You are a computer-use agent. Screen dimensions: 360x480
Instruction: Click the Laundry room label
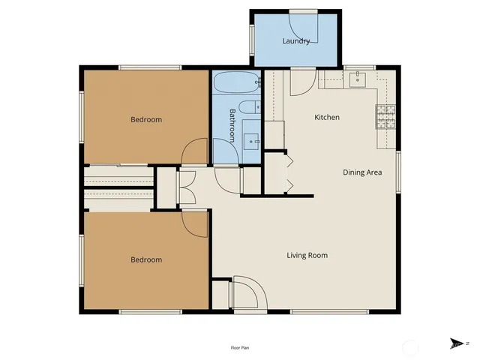point(296,41)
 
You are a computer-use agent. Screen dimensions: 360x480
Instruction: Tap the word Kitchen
point(327,117)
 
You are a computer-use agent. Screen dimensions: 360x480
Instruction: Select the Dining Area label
point(363,172)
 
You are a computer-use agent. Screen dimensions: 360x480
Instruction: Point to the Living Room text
point(307,255)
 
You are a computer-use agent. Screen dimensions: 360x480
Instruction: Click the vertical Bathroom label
point(232,125)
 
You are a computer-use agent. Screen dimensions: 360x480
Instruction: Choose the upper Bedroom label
point(146,119)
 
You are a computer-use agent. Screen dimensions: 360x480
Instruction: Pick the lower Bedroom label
point(146,259)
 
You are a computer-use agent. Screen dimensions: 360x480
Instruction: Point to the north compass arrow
point(455,343)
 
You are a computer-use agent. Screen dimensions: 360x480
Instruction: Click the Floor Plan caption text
point(240,348)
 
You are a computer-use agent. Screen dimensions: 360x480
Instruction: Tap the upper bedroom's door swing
point(195,150)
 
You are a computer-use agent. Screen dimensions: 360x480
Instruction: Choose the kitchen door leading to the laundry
point(301,81)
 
